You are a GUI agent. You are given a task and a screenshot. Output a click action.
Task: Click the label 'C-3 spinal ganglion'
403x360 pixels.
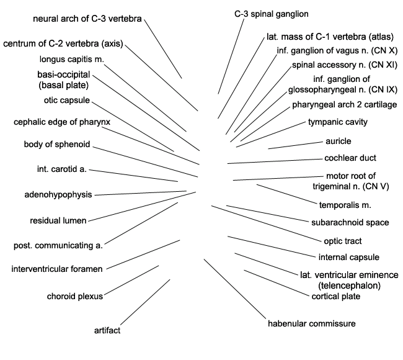[x=272, y=14]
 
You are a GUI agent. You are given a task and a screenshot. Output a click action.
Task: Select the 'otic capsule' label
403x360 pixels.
[x=67, y=100]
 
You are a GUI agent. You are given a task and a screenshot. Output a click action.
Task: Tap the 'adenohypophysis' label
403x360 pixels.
[x=58, y=194]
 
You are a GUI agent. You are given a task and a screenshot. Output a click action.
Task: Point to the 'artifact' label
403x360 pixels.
[x=107, y=330]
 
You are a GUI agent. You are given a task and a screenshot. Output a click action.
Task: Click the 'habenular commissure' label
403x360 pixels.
[x=312, y=323]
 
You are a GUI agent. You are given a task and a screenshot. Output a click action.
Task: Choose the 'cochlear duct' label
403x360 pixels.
[x=350, y=158]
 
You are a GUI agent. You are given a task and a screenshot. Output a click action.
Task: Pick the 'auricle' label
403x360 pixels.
[x=339, y=141]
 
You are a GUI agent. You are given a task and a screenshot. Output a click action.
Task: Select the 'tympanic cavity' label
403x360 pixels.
[x=338, y=122]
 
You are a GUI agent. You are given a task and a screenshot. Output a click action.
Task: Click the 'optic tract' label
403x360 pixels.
[x=343, y=241]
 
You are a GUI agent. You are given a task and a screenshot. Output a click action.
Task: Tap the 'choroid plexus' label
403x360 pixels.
[x=75, y=296]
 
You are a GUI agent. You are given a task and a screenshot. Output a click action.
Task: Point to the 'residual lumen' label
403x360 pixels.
[x=58, y=220]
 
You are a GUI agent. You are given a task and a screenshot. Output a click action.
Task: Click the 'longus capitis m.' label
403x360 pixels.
[x=72, y=59]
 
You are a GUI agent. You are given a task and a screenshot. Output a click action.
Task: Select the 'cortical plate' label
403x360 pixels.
[x=335, y=297]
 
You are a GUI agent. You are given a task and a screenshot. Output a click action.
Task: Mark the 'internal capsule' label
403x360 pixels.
[x=349, y=257]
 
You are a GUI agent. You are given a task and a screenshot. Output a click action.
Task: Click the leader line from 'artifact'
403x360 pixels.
[x=145, y=302]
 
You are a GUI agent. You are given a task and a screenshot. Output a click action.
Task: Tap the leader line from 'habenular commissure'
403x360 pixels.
[x=235, y=289]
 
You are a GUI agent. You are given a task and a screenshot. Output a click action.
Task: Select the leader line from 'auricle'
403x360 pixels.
[x=295, y=145]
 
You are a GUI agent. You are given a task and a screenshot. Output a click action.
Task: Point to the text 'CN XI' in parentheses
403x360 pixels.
[x=383, y=65]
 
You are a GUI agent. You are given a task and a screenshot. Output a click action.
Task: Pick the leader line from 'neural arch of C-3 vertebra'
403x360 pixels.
[x=163, y=48]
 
